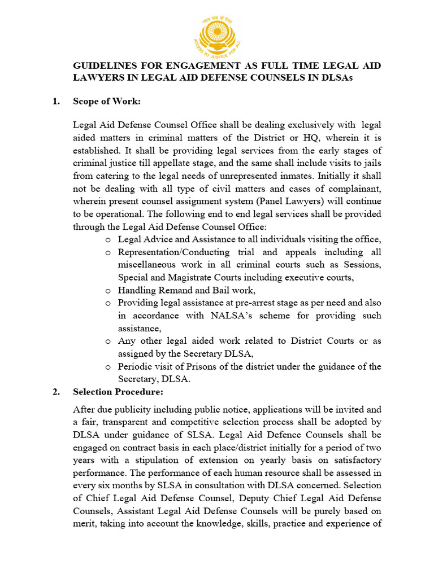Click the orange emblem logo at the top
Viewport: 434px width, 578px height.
pos(216,33)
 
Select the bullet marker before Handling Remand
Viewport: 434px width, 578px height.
pos(108,291)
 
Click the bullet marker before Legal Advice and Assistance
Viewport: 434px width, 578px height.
pos(108,240)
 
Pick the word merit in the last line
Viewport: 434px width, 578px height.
pos(86,524)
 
